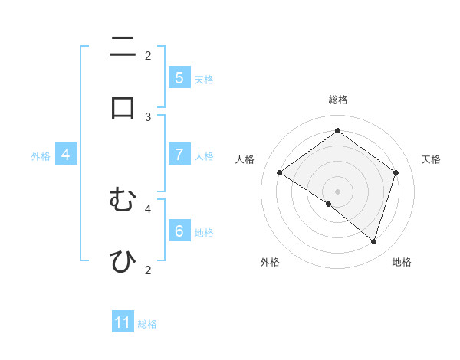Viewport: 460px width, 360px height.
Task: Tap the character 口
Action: coord(123,107)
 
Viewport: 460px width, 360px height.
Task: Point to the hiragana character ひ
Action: coord(123,260)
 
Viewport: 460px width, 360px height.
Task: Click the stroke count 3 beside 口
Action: coord(148,116)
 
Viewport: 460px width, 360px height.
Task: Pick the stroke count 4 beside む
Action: coord(148,208)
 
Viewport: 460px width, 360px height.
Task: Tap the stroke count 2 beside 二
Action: coord(148,55)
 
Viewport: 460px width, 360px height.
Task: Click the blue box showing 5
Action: coord(179,78)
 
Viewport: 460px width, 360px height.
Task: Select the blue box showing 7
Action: coord(179,155)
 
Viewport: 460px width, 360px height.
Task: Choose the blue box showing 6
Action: coord(179,231)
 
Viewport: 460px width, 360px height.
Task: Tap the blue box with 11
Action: coord(123,322)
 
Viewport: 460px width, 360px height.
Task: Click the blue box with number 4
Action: coord(65,155)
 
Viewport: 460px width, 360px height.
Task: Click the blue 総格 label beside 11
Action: coord(147,324)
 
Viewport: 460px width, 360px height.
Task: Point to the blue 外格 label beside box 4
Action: coord(41,156)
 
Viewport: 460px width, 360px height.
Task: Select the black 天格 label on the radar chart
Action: coord(431,159)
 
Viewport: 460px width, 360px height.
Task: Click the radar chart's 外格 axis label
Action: coord(270,262)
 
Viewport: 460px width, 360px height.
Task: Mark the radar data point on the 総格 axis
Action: coord(337,131)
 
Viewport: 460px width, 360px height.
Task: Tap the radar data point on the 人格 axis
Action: coord(279,173)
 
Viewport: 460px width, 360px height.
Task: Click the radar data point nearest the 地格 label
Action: coord(373,241)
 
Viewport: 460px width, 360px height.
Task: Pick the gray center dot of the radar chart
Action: coord(337,191)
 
